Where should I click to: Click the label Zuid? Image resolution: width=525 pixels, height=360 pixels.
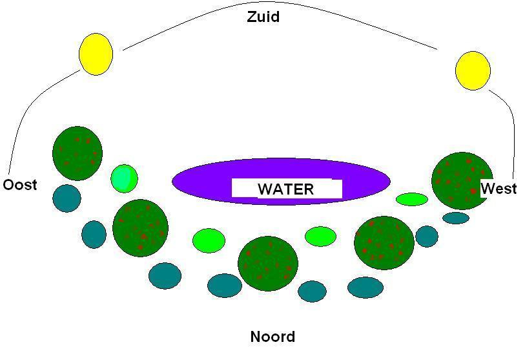[263, 17]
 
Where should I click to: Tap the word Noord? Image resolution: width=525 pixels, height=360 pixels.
[273, 337]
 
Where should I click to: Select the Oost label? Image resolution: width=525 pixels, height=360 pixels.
[20, 185]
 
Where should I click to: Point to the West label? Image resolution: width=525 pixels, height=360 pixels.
[499, 189]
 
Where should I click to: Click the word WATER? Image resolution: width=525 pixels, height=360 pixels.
[286, 189]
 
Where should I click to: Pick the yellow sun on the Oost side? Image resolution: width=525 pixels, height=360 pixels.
[96, 54]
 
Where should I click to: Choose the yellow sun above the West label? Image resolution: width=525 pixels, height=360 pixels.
[473, 70]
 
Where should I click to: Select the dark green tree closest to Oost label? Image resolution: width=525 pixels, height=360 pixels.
[77, 153]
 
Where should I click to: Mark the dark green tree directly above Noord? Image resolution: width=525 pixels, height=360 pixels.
[268, 263]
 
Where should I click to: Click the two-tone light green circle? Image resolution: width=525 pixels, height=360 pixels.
[124, 178]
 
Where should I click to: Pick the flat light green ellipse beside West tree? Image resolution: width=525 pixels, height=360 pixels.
[412, 199]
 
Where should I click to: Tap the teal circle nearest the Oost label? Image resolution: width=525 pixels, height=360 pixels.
[67, 198]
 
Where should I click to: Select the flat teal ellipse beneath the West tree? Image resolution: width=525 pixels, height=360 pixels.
[456, 218]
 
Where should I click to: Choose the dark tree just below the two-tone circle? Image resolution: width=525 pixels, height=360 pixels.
[140, 228]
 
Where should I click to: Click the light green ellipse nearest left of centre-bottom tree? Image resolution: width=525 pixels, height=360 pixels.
[209, 240]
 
